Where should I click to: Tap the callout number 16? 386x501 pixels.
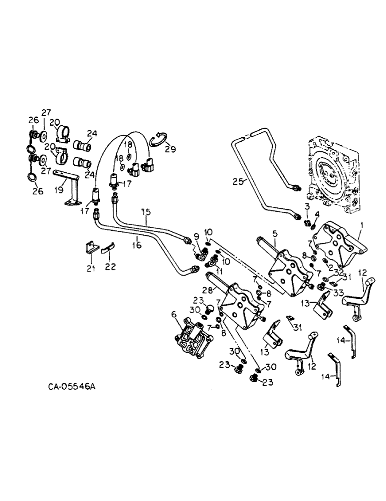[x=137, y=245]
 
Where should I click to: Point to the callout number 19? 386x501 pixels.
[x=58, y=189]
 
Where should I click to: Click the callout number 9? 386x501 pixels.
[x=196, y=236]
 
